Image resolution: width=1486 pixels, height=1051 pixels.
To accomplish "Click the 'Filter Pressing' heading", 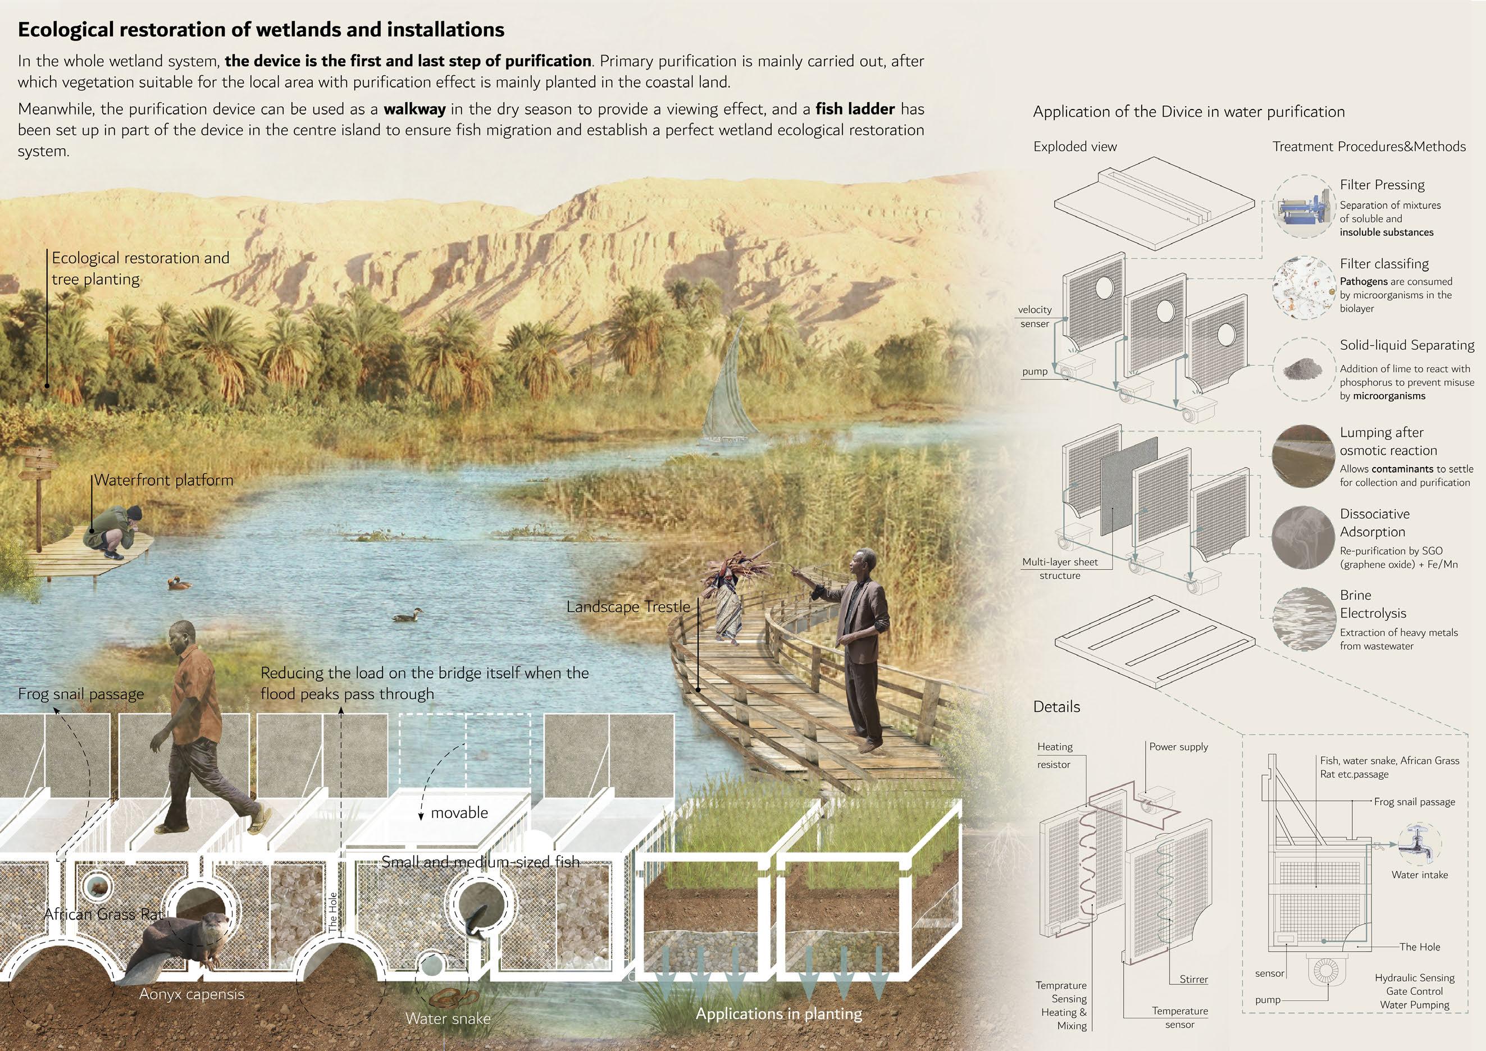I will [1382, 185].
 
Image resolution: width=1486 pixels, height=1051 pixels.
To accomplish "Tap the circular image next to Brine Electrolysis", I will [1303, 619].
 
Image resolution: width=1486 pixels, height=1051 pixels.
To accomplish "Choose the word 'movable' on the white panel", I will [459, 813].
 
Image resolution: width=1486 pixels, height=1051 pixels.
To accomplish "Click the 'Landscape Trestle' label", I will [628, 607].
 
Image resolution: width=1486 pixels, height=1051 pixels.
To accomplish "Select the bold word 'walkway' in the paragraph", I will [414, 109].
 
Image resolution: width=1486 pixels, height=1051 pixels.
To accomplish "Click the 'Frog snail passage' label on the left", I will [81, 694].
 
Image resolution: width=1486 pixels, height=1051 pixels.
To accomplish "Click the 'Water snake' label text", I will [448, 1018].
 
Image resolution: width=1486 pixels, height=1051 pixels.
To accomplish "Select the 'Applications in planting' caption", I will [778, 1013].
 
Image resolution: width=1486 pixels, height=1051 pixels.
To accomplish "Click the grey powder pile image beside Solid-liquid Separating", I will [1302, 370].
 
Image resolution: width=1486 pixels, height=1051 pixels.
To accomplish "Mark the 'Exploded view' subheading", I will [1074, 147].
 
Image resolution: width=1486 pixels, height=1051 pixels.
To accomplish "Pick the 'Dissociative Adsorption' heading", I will [1374, 523].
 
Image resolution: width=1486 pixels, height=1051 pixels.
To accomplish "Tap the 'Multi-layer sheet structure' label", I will [1060, 569].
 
